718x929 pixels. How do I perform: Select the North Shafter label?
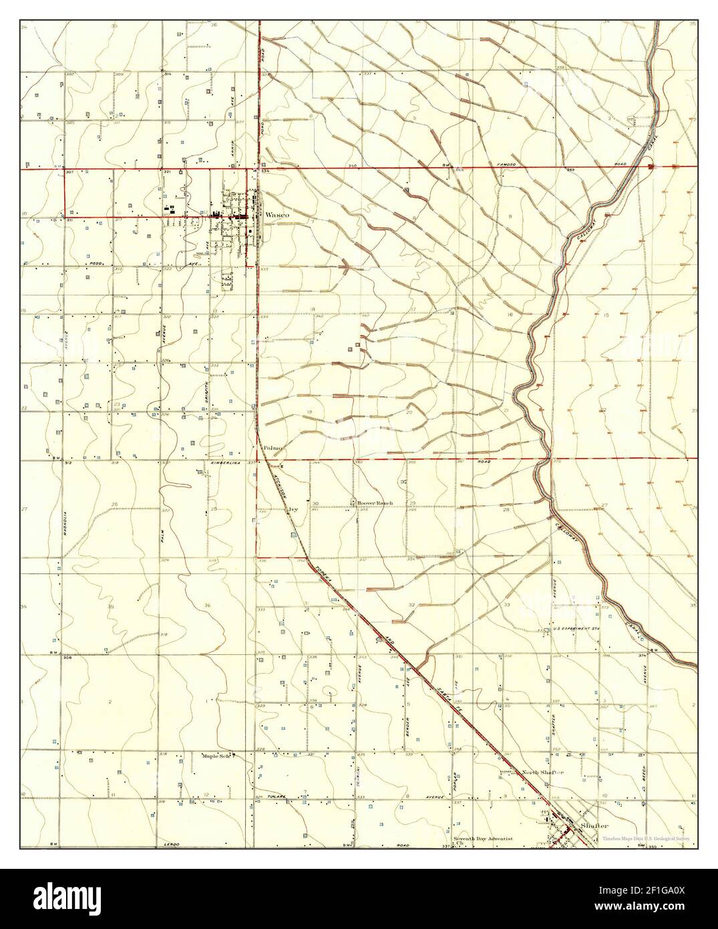[543, 773]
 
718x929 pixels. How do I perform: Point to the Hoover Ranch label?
[375, 503]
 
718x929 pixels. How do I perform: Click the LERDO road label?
[173, 845]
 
